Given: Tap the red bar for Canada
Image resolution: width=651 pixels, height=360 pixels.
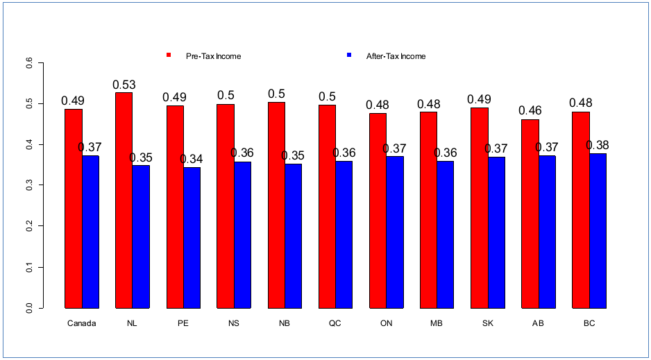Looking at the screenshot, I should [74, 208].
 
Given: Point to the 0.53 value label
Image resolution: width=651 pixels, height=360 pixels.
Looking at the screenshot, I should [124, 85].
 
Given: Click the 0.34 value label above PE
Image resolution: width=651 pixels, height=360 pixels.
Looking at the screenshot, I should [192, 160].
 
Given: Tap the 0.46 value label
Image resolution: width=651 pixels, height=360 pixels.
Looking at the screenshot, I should [530, 111].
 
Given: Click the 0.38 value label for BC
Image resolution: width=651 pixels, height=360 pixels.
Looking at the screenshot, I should [598, 146].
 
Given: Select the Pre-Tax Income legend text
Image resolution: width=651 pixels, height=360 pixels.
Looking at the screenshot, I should [213, 56].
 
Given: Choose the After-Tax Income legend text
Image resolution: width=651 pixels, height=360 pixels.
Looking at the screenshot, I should [396, 56].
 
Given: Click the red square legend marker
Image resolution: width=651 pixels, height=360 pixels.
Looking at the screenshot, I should [169, 55].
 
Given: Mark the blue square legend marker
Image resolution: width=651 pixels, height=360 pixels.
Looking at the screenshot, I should [349, 55].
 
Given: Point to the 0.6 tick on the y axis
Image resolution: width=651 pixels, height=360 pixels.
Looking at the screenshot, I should [29, 63].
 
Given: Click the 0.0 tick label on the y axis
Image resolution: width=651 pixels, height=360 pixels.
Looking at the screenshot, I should [29, 308].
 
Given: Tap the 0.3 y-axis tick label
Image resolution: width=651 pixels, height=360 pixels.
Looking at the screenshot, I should [29, 185].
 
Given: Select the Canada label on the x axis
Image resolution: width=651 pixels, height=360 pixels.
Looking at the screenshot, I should [82, 324].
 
